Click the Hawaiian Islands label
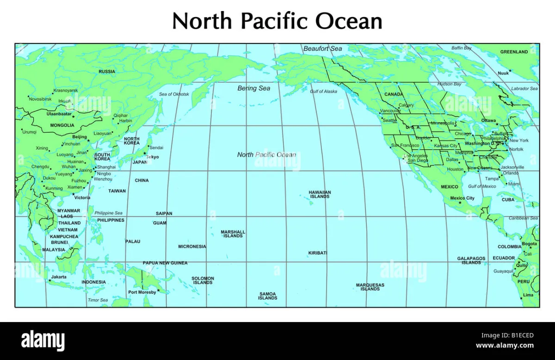coord(320,194)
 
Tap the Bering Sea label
coord(253,88)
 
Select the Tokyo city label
coord(152,157)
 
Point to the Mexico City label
coord(462,198)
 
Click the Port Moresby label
coord(142,292)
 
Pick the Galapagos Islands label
coord(471,261)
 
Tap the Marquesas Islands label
coord(370,287)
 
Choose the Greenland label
coord(514,52)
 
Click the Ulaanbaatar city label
coord(59,114)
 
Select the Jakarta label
coord(59,277)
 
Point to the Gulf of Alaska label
coord(323,92)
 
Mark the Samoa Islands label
coord(268,296)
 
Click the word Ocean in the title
coord(349,21)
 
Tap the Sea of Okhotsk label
coord(174,94)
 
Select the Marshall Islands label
coord(233,234)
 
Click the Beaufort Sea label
coord(322,49)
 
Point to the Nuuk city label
coord(503,73)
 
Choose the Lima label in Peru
coord(528,295)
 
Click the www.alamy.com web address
coord(505,345)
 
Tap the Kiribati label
coord(318,253)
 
